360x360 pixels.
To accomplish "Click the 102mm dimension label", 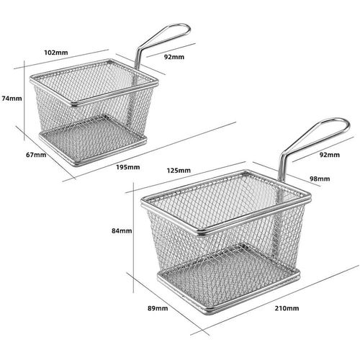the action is coord(56,53).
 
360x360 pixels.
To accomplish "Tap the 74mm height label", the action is coord(12,99).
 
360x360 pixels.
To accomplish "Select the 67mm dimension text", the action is coord(36,155).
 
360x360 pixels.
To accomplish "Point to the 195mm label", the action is coord(128,167).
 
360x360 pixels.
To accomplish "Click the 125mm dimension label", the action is coord(179,171).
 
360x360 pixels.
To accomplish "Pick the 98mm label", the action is coord(320,179).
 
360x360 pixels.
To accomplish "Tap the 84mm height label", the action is coord(122,231).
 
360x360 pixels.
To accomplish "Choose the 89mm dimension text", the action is coord(158,308).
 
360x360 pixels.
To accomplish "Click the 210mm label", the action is coord(287,308).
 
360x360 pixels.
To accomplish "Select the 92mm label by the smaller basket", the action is coord(174,57).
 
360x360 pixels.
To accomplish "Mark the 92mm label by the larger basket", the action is coord(330,155).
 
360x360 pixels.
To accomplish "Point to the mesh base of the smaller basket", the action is coord(93,140).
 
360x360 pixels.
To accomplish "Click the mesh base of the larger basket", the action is coord(229,279).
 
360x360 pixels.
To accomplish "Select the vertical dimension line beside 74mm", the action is coord(24,101).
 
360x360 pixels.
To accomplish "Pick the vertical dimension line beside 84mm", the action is coord(133,238).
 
